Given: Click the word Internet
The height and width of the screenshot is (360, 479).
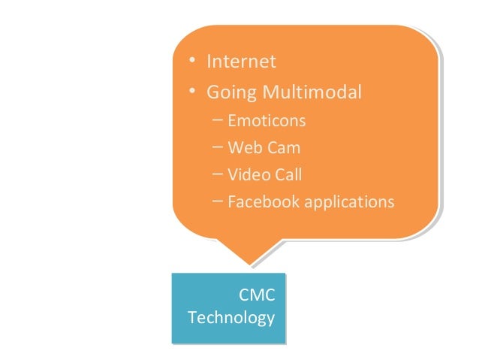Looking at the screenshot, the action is pos(242,61).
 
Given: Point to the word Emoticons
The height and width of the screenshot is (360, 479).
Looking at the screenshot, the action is pos(267,120).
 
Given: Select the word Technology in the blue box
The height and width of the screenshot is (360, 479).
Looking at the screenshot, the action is pos(230,318).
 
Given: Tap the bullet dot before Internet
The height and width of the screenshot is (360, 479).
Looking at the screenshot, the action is pos(193,61).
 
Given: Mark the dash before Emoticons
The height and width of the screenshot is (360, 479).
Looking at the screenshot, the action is pos(217,119).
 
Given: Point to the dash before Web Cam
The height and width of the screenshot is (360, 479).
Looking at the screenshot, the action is pos(217,147).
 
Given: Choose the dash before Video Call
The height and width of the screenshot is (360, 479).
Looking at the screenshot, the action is pos(217,174).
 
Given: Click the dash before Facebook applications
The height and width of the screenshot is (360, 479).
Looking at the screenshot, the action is pos(217,201).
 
